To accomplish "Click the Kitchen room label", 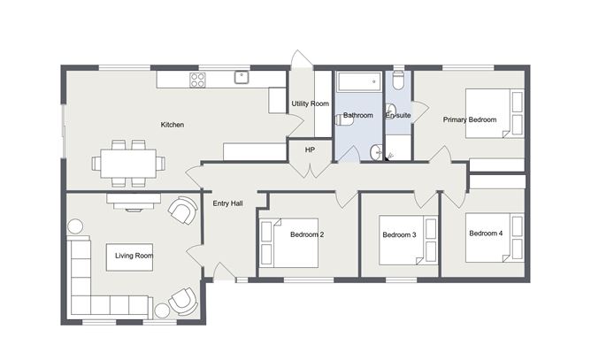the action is click(173, 125).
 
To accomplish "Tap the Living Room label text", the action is click(134, 256).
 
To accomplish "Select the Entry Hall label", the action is click(227, 203).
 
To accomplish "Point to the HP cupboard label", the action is click(310, 150).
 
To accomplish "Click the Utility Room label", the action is click(311, 103).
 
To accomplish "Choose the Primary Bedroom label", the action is click(470, 120).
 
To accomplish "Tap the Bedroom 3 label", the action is click(399, 235).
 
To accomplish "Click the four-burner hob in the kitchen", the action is click(198, 80).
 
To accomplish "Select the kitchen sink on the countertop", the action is click(242, 77).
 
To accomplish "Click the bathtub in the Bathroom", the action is click(358, 82).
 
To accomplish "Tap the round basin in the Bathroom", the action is click(376, 153).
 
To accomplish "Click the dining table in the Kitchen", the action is click(128, 164).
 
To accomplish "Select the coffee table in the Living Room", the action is click(130, 257).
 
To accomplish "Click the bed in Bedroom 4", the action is click(495, 238).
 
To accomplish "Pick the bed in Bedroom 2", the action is click(289, 243).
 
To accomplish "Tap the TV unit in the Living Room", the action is click(134, 201).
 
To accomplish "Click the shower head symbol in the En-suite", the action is click(390, 156).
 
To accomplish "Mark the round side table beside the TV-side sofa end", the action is click(75, 227).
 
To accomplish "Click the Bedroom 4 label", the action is click(486, 234).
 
